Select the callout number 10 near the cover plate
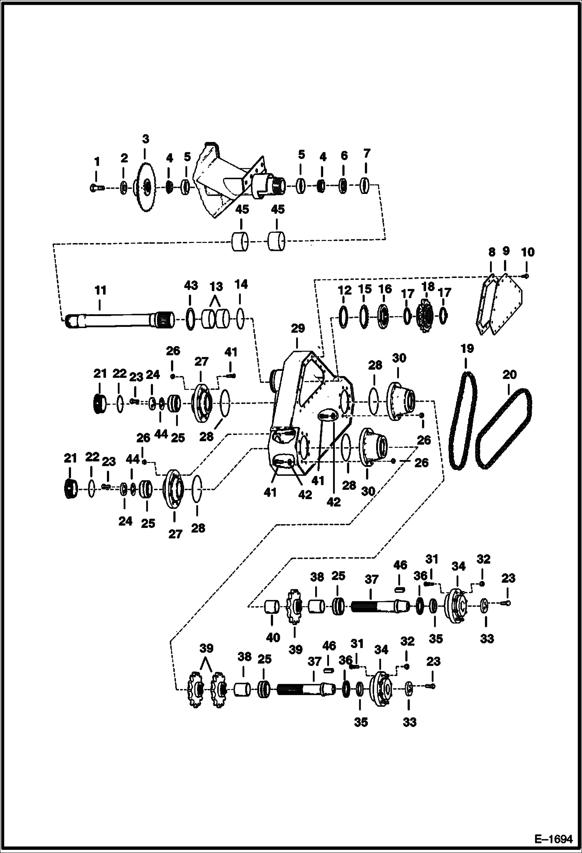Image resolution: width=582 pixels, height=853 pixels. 527,252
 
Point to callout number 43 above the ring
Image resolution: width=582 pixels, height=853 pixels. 190,286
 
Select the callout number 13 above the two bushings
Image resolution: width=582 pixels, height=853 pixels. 216,287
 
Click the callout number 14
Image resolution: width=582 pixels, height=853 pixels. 241,284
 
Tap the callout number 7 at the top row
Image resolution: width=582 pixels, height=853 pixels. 366,154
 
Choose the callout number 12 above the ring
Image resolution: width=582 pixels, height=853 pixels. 344,290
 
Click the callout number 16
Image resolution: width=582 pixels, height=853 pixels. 385,289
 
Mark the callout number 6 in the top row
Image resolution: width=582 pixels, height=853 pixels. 344,156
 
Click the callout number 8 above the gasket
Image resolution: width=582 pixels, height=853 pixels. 491,252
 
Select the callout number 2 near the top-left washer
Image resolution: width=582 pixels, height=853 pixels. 124,158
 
